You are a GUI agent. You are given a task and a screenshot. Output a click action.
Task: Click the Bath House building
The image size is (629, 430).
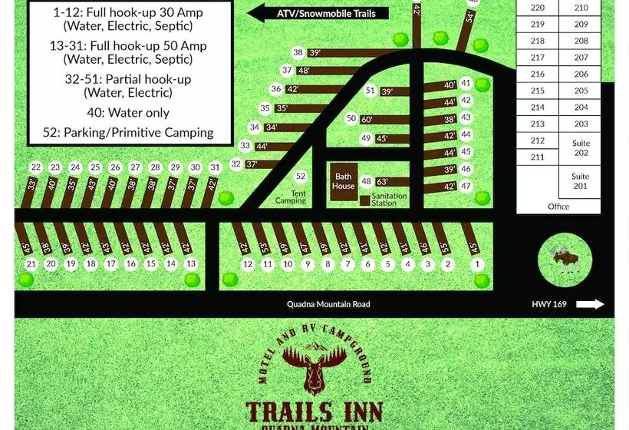tap(343, 181)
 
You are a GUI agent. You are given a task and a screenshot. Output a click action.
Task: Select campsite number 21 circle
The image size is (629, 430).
tap(31, 264)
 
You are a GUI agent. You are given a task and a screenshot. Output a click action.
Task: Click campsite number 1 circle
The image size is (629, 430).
tap(479, 264)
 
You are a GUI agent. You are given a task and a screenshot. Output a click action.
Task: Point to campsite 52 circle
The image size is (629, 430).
tap(301, 177)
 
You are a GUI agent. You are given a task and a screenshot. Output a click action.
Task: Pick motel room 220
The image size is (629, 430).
tap(537, 8)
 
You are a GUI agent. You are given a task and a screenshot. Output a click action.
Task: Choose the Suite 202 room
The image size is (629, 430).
tap(581, 148)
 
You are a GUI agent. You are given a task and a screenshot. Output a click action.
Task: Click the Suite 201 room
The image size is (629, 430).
tap(581, 181)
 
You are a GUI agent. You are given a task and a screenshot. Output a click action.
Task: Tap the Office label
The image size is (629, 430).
tap(558, 207)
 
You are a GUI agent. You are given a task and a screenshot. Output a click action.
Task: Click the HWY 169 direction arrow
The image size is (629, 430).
tap(590, 304)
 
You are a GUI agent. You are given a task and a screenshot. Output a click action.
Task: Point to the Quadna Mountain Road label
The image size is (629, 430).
tap(328, 304)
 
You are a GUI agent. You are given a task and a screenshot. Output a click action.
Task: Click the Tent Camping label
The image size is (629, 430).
tap(291, 197)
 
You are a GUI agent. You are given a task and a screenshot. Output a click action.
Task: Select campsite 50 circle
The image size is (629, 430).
tap(351, 118)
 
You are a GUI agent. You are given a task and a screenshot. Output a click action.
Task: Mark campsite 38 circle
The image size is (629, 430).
tap(298, 52)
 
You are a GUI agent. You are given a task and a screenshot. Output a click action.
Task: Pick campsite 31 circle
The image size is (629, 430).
tap(215, 167)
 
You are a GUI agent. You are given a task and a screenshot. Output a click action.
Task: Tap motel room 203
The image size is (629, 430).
tap(581, 124)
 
